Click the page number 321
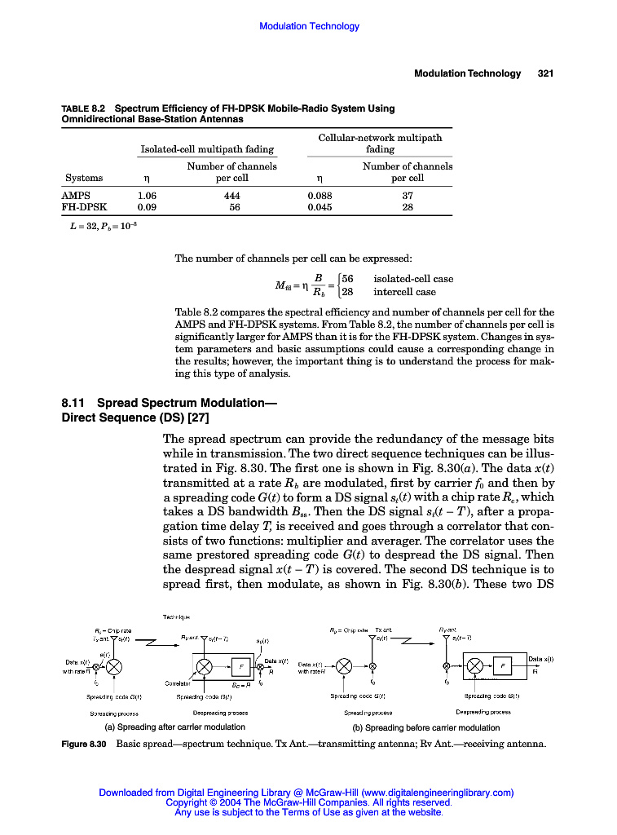click(545, 73)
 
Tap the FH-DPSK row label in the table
click(85, 207)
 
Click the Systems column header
click(84, 178)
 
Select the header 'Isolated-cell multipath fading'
click(207, 149)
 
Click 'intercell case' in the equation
click(404, 292)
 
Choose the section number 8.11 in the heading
click(76, 403)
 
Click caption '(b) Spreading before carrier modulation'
click(425, 727)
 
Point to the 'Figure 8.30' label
click(85, 744)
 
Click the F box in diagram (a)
click(240, 666)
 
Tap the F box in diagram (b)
click(502, 666)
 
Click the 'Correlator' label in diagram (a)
click(178, 683)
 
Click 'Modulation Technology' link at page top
click(309, 26)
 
